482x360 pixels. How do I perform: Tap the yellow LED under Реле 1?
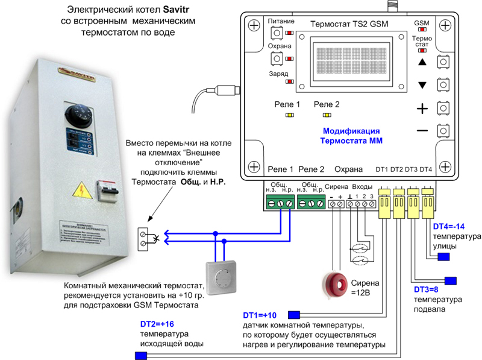coord(289,115)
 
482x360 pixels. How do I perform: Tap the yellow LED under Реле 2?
coord(327,115)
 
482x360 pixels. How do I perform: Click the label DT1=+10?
coord(260,315)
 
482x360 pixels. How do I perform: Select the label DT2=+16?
coord(158,324)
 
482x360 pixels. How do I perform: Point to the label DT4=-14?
coord(449,227)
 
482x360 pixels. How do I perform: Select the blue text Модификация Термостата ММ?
coord(351,135)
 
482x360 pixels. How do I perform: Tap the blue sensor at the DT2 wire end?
coord(141,355)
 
